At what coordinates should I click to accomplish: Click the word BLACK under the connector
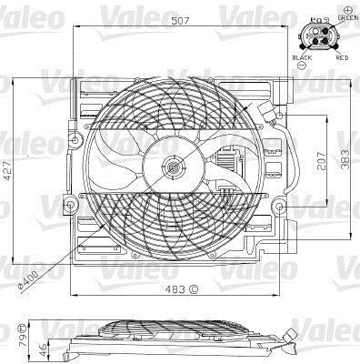click(302, 57)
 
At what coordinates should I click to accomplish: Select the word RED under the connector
click(342, 57)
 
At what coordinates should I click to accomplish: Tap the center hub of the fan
click(173, 167)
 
